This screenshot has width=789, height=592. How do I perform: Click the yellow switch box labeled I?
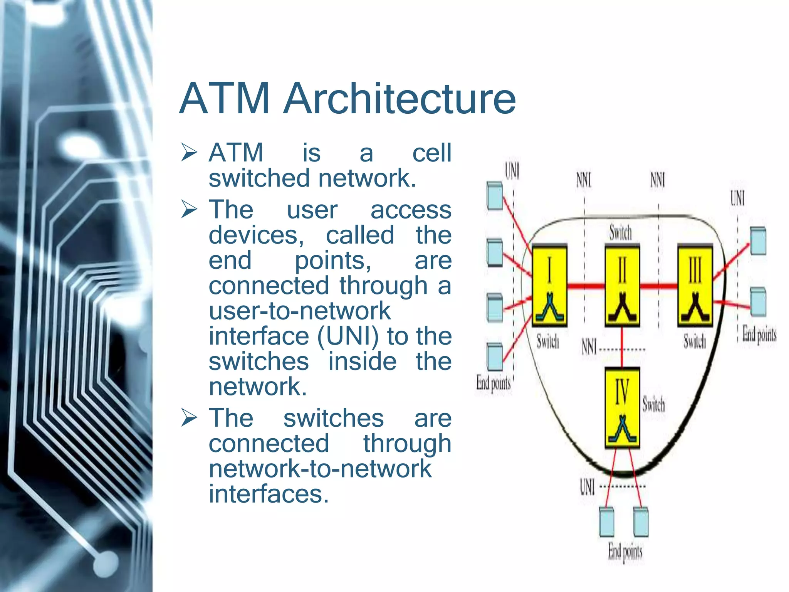click(549, 285)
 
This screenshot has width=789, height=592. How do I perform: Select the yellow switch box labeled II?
click(622, 285)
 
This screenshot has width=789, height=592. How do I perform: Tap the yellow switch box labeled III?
click(695, 285)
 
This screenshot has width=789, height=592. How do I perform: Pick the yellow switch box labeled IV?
click(622, 408)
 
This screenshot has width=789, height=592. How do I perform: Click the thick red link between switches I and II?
click(586, 286)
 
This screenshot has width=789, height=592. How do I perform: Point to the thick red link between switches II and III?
click(658, 286)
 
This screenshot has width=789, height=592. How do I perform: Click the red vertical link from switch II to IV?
click(622, 347)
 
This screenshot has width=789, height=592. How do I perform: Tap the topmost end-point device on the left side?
click(495, 196)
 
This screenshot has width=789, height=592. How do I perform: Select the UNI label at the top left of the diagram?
click(512, 171)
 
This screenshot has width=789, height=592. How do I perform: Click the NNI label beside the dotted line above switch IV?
click(589, 346)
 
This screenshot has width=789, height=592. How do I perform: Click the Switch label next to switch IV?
click(654, 404)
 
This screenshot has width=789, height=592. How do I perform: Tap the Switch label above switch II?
click(621, 233)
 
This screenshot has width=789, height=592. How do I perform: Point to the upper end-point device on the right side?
click(758, 241)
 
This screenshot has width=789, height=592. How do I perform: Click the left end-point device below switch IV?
click(606, 522)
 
